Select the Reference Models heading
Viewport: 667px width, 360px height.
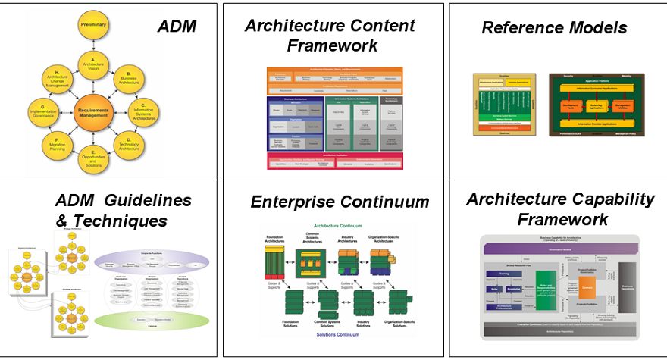pyautogui.click(x=554, y=28)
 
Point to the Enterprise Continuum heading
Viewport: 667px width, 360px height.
pyautogui.click(x=340, y=202)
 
